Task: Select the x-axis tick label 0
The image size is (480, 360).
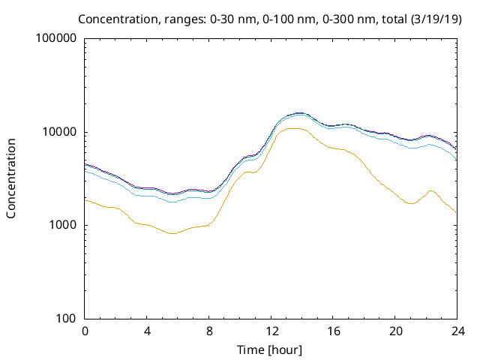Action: coord(85,331)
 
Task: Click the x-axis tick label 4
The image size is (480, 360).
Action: coord(147,331)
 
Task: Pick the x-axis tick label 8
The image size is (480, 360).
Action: coord(209,331)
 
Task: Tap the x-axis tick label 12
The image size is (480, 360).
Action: coord(271,331)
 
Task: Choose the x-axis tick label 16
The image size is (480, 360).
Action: coord(333,331)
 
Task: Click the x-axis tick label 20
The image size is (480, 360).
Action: coord(394,331)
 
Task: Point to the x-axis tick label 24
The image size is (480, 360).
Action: coord(457,331)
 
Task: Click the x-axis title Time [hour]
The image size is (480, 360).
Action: coord(271,349)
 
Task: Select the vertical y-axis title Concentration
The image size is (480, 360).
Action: coord(11,178)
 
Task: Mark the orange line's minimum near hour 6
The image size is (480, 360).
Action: coord(173,233)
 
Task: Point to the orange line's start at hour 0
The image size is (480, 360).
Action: coord(86,199)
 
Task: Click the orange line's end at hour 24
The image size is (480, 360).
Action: coord(456,213)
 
